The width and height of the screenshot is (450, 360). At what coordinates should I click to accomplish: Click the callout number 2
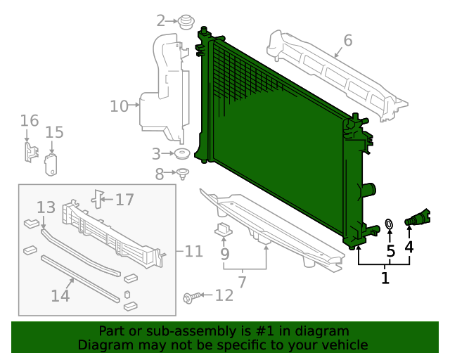[161, 20]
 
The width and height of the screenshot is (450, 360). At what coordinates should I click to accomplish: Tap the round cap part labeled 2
[186, 22]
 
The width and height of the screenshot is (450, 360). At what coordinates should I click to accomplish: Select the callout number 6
[347, 40]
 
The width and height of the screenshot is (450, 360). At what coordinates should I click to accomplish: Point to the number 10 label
[119, 106]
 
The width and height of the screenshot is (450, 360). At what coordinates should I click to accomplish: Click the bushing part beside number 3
[183, 154]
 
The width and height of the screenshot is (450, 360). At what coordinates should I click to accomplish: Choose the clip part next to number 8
[183, 173]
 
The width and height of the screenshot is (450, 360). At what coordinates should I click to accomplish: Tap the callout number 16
[29, 121]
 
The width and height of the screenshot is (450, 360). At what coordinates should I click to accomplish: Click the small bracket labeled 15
[51, 164]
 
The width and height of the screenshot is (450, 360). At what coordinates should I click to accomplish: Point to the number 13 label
[46, 207]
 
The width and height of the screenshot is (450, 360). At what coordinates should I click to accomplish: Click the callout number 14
[60, 295]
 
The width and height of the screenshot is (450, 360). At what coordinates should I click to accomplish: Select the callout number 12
[224, 295]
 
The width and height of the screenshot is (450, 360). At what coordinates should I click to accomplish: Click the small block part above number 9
[224, 229]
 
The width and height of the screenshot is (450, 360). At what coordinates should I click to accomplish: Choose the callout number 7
[242, 282]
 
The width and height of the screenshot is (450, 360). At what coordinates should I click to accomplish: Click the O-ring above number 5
[388, 225]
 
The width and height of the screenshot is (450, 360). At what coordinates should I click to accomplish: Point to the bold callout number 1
[385, 278]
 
